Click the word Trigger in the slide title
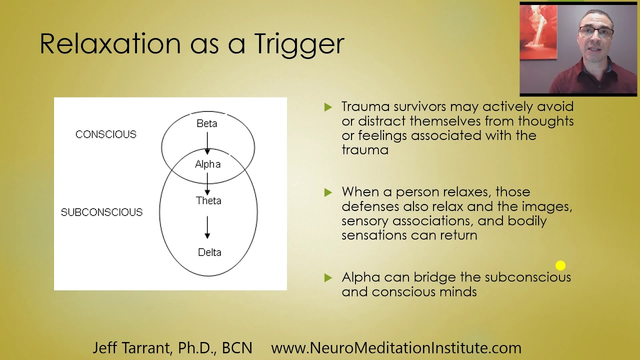[x=299, y=44]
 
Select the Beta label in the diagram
[x=207, y=123]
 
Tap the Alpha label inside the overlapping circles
[x=207, y=164]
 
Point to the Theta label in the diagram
[x=208, y=200]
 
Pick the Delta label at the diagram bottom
[x=209, y=252]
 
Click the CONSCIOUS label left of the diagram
[x=105, y=134]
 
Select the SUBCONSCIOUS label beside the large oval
[x=101, y=212]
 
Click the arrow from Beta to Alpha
[x=207, y=143]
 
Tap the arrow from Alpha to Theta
[x=207, y=183]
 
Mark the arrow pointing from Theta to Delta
[x=207, y=227]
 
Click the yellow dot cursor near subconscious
[x=560, y=265]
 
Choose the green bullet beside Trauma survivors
[x=328, y=107]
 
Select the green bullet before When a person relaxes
[x=328, y=192]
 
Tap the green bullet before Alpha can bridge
[x=328, y=277]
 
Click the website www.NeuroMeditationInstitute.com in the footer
[x=396, y=348]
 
